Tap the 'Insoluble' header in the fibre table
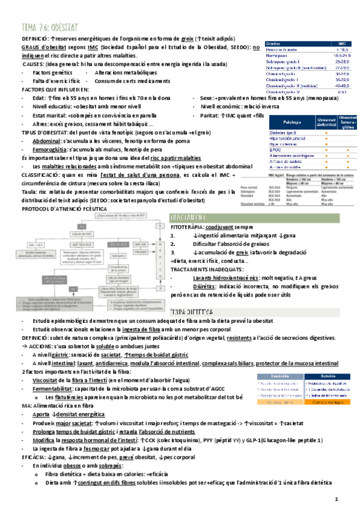[x=278, y=376]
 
